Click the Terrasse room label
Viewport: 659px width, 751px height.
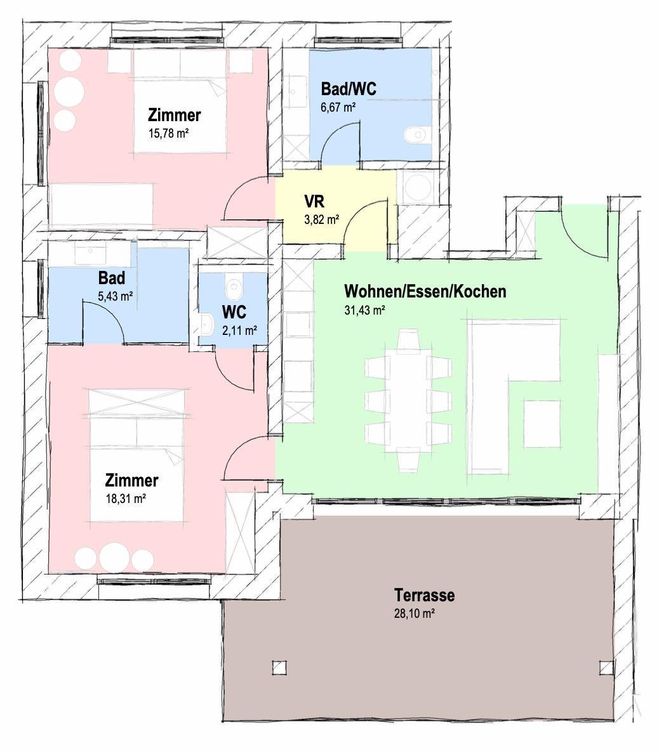point(424,595)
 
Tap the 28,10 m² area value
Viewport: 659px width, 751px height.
point(414,613)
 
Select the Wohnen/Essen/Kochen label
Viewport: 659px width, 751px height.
point(425,291)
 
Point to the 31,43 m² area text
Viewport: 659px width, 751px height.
point(364,310)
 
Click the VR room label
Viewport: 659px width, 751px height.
point(314,200)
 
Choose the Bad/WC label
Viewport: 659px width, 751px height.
point(349,89)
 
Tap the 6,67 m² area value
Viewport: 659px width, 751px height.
point(338,107)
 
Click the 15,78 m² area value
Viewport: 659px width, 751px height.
point(168,133)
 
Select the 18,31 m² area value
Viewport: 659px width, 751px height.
point(126,499)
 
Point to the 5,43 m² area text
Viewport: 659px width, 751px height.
point(115,296)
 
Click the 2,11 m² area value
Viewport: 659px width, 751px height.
point(239,330)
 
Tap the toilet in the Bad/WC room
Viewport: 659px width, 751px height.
point(415,135)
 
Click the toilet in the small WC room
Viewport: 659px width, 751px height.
point(234,287)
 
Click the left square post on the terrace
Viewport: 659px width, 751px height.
point(279,667)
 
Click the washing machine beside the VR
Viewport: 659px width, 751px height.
point(418,186)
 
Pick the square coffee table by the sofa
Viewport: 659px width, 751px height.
point(542,424)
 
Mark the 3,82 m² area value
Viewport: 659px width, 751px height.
point(322,220)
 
